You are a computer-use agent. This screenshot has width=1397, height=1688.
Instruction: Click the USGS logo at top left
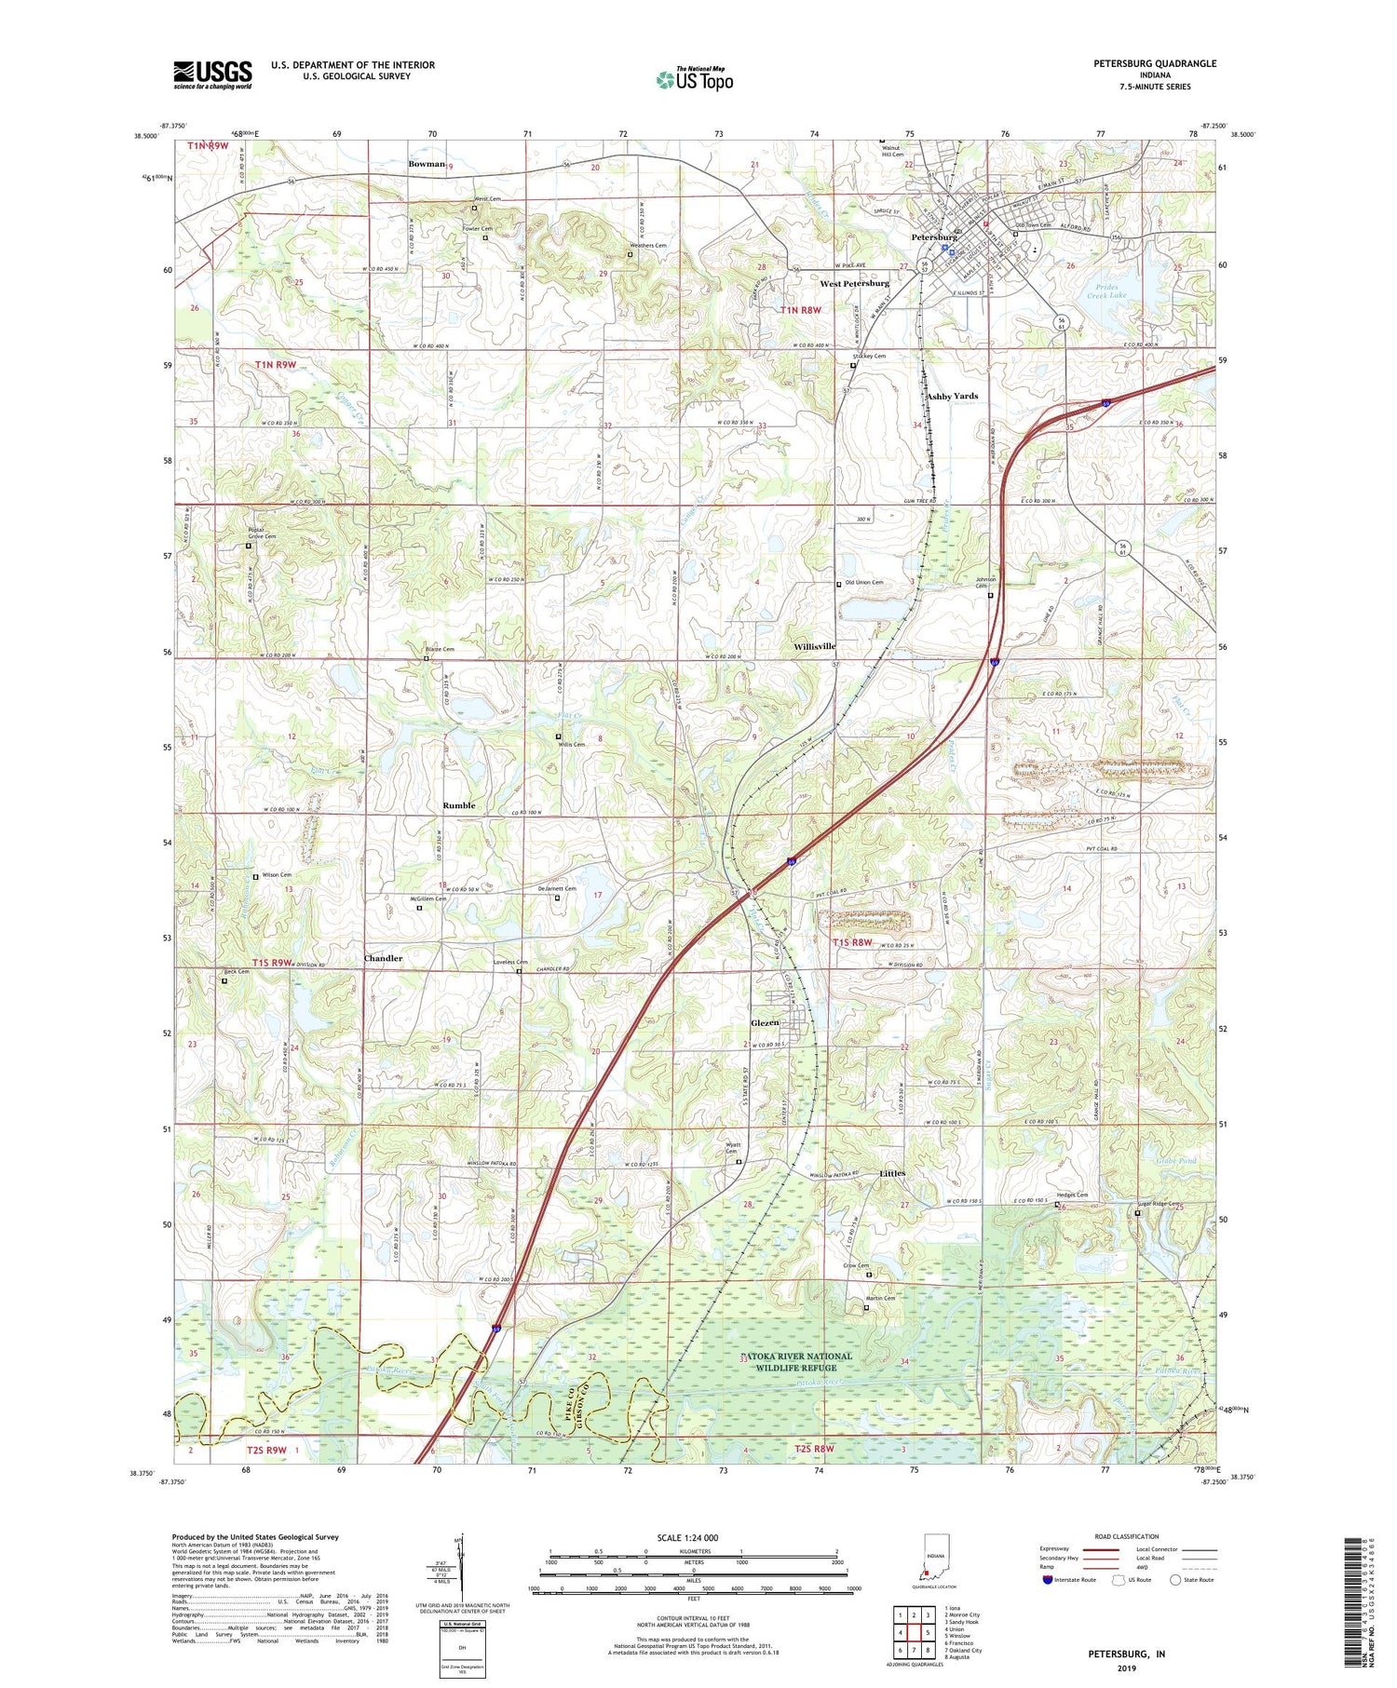[x=212, y=74]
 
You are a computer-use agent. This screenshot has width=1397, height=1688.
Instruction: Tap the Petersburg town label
[x=933, y=237]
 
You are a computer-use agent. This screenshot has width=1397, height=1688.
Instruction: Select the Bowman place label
[x=426, y=164]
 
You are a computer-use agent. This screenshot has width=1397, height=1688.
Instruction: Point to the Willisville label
[x=815, y=646]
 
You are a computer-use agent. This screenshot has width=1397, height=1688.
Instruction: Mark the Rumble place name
[x=458, y=805]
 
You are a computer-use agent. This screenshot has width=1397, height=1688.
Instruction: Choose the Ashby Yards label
[x=952, y=396]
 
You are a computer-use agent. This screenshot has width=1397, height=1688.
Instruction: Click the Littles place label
[x=892, y=1173]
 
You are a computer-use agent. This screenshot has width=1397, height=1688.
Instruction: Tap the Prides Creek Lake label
[x=1105, y=290]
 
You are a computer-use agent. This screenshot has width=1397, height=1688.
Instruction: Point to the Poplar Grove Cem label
[x=262, y=533]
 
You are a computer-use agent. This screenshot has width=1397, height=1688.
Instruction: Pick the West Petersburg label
[x=854, y=283]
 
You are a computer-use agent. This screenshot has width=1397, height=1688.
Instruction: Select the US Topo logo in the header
[x=694, y=80]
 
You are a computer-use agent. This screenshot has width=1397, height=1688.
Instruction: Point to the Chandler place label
[x=383, y=958]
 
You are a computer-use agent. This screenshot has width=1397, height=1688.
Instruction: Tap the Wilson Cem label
[x=277, y=875]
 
